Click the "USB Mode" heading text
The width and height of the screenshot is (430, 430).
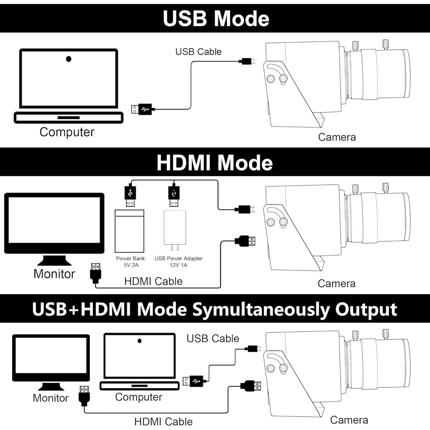(x=216, y=18)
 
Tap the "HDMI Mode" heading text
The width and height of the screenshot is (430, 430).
(x=214, y=163)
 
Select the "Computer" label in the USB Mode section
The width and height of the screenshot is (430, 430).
(x=67, y=132)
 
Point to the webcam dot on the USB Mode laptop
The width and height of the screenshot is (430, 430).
(x=69, y=59)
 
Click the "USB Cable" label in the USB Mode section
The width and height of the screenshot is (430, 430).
(x=198, y=52)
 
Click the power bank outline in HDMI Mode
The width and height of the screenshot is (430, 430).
(x=129, y=231)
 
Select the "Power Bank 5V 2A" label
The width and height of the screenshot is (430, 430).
(x=130, y=262)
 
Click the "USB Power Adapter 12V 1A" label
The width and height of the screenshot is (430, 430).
(x=178, y=262)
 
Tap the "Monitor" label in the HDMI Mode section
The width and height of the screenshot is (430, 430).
(x=54, y=274)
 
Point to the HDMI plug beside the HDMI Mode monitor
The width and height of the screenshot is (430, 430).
(x=95, y=272)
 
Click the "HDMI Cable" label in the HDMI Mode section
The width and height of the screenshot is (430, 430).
(x=153, y=281)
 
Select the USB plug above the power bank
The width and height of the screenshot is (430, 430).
(x=130, y=196)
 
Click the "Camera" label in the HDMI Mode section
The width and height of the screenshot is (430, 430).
(x=337, y=284)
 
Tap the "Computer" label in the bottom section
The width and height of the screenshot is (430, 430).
(x=138, y=397)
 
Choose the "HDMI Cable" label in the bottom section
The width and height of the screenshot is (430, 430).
(x=163, y=422)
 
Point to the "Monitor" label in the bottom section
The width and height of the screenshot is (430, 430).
(x=50, y=398)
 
